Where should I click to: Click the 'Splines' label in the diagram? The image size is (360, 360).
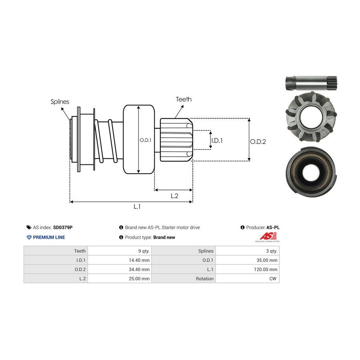pyautogui.click(x=60, y=102)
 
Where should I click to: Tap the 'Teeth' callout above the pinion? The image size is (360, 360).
pyautogui.click(x=184, y=99)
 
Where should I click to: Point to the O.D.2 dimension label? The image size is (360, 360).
pyautogui.click(x=258, y=141)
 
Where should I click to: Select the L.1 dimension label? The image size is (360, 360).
pyautogui.click(x=137, y=207)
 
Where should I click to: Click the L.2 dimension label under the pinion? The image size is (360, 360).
pyautogui.click(x=174, y=196)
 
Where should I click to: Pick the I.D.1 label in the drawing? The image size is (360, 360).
pyautogui.click(x=217, y=140)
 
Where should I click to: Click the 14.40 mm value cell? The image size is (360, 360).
pyautogui.click(x=140, y=260)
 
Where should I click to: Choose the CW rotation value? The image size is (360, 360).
pyautogui.click(x=273, y=278)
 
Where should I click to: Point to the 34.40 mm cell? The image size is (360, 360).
pyautogui.click(x=140, y=269)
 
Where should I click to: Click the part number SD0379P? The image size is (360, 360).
pyautogui.click(x=63, y=227)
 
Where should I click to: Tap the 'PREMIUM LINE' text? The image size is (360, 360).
pyautogui.click(x=49, y=237)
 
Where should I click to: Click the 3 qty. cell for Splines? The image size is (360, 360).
pyautogui.click(x=271, y=251)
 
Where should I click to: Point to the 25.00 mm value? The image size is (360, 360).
pyautogui.click(x=140, y=278)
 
